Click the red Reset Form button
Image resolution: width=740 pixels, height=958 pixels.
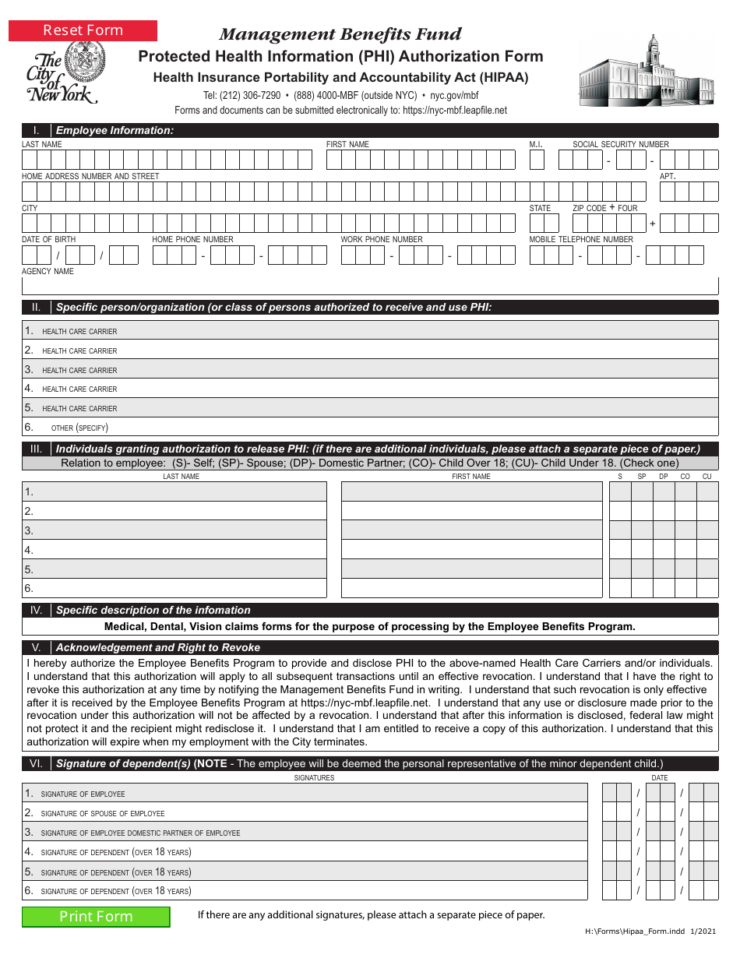[x=83, y=30]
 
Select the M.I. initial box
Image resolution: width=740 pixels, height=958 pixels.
[x=537, y=160]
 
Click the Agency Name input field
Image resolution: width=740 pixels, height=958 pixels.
[x=370, y=286]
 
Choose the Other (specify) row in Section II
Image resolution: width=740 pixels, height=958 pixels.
[x=370, y=427]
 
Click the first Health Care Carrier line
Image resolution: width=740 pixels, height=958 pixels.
[x=370, y=331]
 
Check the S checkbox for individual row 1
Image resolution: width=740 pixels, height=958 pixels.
[x=620, y=491]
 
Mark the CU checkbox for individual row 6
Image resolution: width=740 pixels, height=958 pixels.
[x=707, y=588]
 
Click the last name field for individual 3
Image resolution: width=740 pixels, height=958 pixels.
[x=174, y=530]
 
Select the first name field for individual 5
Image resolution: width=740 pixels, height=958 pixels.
[x=471, y=569]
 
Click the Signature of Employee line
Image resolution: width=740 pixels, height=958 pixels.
[x=305, y=794]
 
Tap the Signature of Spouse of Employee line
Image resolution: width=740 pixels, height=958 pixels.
[x=305, y=812]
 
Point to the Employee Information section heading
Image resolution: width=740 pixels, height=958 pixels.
[x=115, y=130]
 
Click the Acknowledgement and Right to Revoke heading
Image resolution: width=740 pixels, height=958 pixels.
[x=158, y=647]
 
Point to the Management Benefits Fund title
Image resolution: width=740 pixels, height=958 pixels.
[x=340, y=34]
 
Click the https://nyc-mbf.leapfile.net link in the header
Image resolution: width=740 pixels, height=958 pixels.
[x=454, y=111]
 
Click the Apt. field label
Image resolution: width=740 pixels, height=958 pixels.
[x=668, y=176]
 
